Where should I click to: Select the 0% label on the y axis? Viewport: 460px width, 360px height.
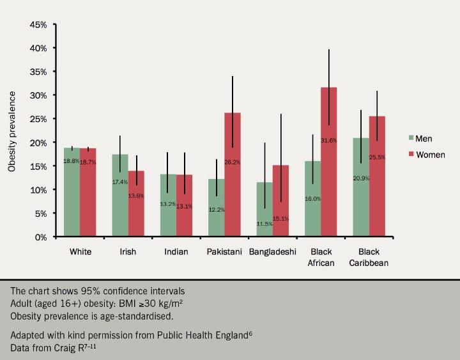(x=41, y=237)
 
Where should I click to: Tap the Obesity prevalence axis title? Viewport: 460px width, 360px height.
(x=12, y=131)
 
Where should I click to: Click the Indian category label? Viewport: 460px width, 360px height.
(x=176, y=252)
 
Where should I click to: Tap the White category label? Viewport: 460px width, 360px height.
(x=80, y=252)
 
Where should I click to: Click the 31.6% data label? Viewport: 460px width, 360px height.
(x=328, y=140)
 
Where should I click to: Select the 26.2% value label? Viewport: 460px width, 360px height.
(x=233, y=162)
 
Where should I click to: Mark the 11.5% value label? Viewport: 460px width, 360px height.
(x=264, y=224)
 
